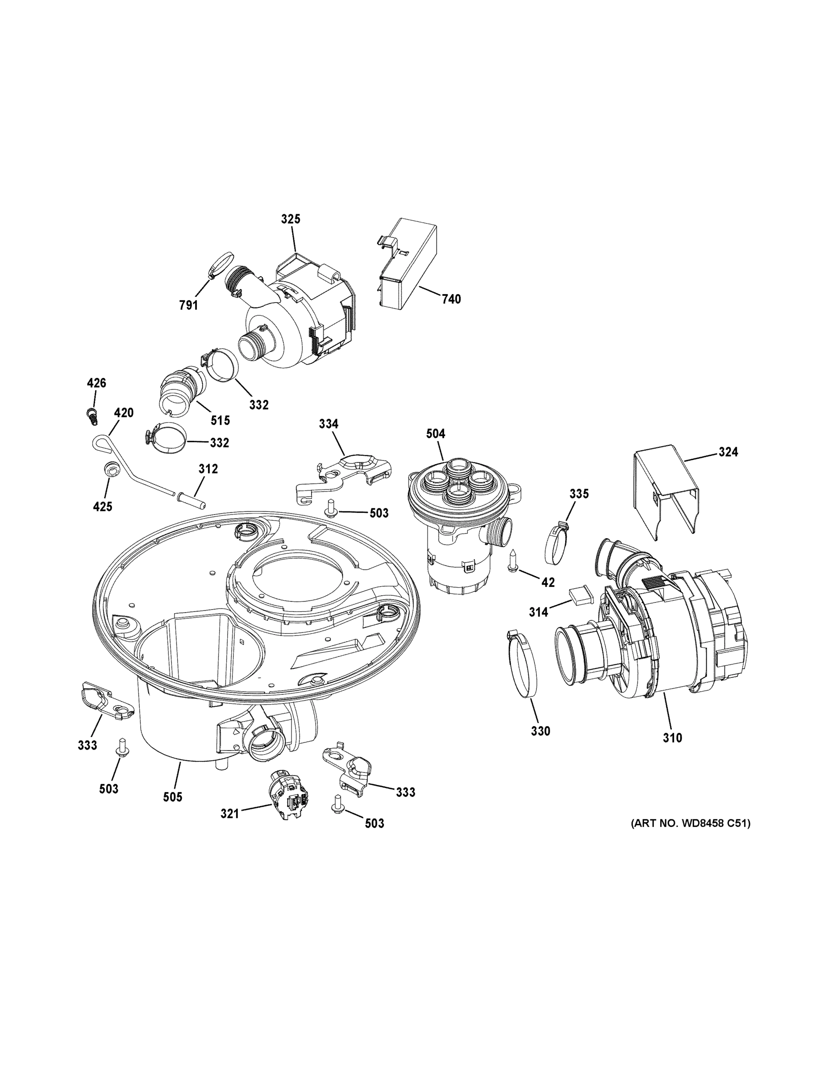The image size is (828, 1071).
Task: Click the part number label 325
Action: pyautogui.click(x=291, y=219)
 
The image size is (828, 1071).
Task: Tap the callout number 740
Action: pyautogui.click(x=451, y=299)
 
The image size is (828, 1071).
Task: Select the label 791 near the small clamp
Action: pyautogui.click(x=188, y=306)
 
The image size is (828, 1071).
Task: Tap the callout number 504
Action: pyautogui.click(x=435, y=433)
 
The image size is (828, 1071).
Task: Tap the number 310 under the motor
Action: pyautogui.click(x=672, y=751)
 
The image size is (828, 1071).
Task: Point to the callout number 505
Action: pyautogui.click(x=172, y=797)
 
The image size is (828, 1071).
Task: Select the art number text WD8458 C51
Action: pyautogui.click(x=690, y=823)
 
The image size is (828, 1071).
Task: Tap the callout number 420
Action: pyautogui.click(x=124, y=413)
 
